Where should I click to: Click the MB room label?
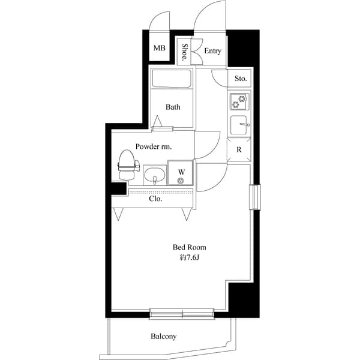pos(160,48)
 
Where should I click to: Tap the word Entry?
pos(213,51)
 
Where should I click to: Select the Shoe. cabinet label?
pos(184,52)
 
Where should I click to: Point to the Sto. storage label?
pos(241,79)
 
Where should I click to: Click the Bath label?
pos(173,107)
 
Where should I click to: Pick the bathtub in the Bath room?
pos(172,78)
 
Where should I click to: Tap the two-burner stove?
pos(239,101)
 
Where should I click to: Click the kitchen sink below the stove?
pos(239,125)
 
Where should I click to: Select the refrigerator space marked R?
pos(239,149)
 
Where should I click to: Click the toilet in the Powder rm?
pos(128,164)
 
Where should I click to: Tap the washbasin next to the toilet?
pos(155,175)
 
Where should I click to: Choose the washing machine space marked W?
pos(181,173)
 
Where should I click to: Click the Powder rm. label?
pos(154,146)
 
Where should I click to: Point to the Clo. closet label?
pos(155,199)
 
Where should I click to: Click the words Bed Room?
pos(190,247)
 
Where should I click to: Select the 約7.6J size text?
pos(189,257)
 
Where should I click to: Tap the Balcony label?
pos(164,337)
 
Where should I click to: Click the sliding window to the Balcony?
pos(182,314)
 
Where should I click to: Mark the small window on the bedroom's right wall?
pos(255,197)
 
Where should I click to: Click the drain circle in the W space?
pos(181,181)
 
